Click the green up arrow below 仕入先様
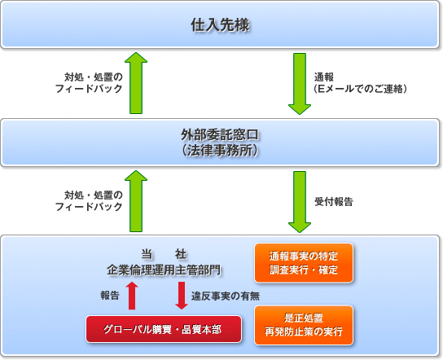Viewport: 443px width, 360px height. tap(137, 84)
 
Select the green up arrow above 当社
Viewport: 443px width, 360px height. tap(137, 201)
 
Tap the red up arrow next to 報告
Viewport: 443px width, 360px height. tap(132, 295)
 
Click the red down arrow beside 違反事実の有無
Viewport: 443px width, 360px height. tap(181, 295)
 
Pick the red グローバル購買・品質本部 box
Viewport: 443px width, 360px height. tap(165, 328)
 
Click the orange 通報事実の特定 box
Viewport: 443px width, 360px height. tap(304, 261)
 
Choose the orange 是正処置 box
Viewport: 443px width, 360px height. tap(304, 325)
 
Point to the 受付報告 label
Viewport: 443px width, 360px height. tap(333, 200)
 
